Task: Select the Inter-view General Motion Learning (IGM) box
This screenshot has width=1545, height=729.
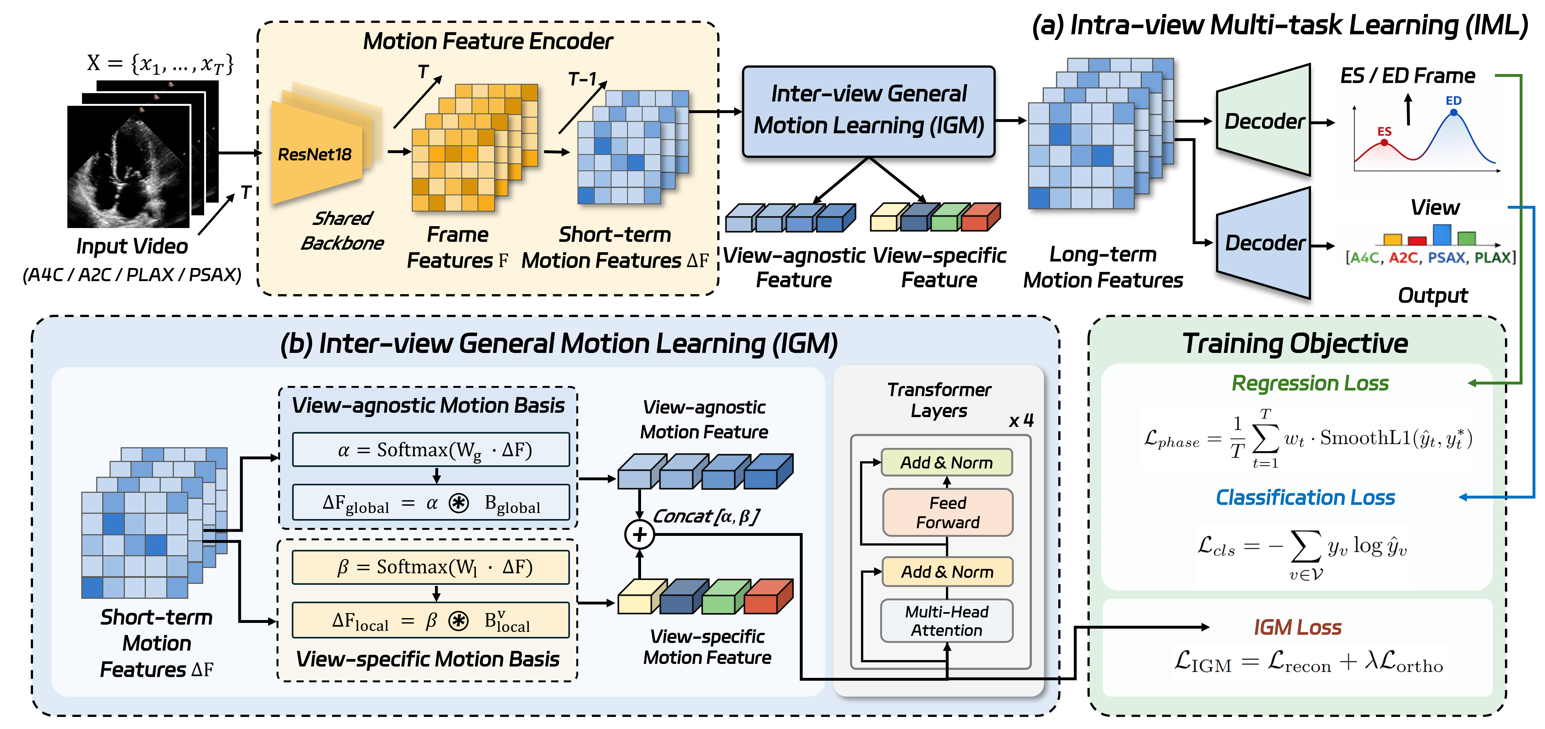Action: pos(868,111)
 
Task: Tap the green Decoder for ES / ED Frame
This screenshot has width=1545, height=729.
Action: pos(1263,120)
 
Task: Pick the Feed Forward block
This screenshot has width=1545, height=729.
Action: pos(948,512)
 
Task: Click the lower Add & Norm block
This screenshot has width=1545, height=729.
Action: pos(947,572)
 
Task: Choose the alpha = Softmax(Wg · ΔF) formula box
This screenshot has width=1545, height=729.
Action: pos(431,449)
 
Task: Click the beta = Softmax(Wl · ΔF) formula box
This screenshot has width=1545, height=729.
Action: pos(431,567)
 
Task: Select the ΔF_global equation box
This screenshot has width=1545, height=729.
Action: pos(431,503)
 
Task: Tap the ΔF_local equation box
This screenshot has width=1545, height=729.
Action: pos(431,620)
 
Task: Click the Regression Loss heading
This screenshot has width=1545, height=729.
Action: pos(1310,383)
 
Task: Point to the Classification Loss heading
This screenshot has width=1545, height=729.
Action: pos(1305,497)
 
